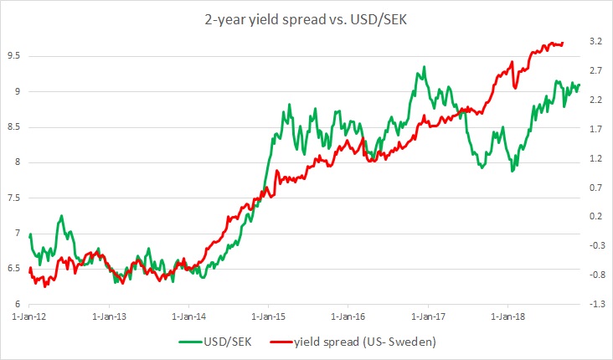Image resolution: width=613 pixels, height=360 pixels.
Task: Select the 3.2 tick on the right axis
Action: click(596, 41)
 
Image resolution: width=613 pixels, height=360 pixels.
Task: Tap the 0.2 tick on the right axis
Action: click(596, 216)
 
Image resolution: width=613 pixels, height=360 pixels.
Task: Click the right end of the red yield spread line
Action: click(563, 43)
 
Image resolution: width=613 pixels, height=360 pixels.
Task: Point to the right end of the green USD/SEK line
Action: click(579, 84)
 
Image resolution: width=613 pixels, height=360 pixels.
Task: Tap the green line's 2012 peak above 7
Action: click(61, 216)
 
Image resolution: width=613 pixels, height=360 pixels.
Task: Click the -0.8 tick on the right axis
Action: click(595, 275)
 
